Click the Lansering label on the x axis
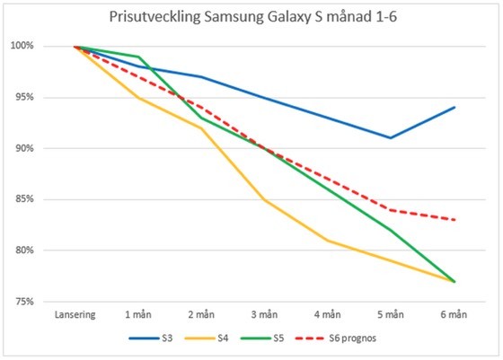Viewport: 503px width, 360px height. [76, 315]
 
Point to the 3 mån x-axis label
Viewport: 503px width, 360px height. [265, 315]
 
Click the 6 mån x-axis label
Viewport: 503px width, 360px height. [454, 315]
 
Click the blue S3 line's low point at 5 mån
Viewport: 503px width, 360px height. [391, 137]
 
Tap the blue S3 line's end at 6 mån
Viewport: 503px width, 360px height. [454, 107]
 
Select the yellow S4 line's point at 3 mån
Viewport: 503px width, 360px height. [265, 199]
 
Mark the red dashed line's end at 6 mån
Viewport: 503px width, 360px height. [454, 219]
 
